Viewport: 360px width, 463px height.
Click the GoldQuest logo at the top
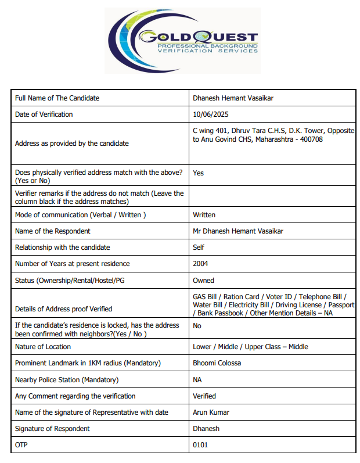coord(182,40)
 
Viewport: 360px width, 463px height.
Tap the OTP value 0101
coord(200,445)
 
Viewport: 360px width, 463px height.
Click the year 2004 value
coord(201,264)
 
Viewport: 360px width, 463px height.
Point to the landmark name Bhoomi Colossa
coord(217,363)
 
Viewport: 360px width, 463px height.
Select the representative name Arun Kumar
coord(211,412)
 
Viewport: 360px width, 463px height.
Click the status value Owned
coord(203,280)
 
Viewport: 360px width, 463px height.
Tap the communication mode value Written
coord(204,215)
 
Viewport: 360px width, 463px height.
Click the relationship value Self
coord(199,247)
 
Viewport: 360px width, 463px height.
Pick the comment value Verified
coord(204,396)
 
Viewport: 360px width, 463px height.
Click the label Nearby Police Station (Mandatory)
coord(67,380)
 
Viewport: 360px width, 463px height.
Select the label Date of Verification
coord(44,114)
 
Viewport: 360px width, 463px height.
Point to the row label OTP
coord(21,445)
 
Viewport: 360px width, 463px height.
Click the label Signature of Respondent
coord(52,429)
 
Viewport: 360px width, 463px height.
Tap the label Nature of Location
coord(43,347)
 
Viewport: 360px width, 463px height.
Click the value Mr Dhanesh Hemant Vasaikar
coord(238,231)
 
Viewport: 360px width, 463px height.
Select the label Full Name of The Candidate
coord(57,98)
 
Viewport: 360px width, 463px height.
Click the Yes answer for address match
coord(199,173)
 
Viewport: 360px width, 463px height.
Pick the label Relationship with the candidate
coord(62,247)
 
